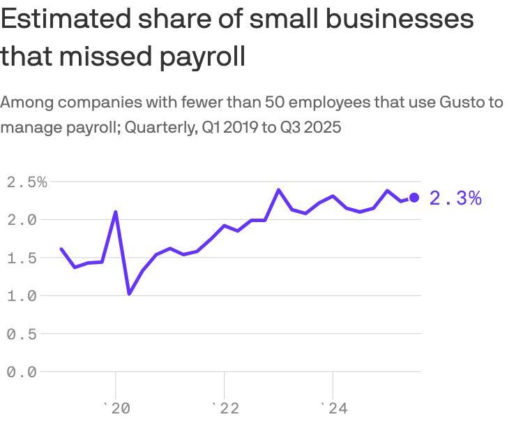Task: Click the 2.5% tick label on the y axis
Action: [x=26, y=182]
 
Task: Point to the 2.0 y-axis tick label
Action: [x=22, y=220]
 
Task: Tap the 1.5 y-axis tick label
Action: [x=22, y=258]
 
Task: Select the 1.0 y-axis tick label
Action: [x=22, y=296]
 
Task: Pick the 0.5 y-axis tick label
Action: [x=22, y=334]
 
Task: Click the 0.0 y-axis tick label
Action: [x=22, y=372]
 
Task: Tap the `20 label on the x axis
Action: [x=116, y=409]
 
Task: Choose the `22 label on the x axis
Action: [x=225, y=409]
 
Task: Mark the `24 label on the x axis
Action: [x=334, y=409]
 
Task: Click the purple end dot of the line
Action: [x=414, y=198]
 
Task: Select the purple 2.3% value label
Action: [x=455, y=198]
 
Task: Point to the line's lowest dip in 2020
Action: [x=129, y=293]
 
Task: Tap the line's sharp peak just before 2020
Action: [x=116, y=212]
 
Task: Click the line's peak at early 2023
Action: [x=279, y=190]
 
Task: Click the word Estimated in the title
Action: [x=62, y=19]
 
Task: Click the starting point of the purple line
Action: [x=61, y=249]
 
